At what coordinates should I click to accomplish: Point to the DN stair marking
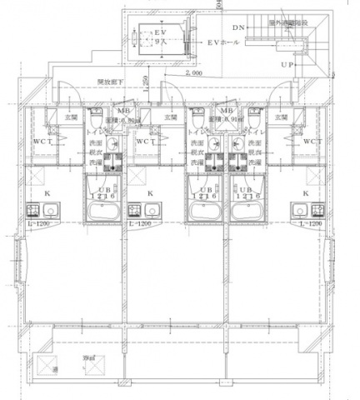point(238,27)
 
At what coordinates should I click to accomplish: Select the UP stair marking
point(287,64)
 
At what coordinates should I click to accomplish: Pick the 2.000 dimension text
point(193,73)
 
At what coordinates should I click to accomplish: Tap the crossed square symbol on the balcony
point(42,365)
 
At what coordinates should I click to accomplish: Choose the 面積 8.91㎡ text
point(226,120)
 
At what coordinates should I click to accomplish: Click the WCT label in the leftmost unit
point(42,142)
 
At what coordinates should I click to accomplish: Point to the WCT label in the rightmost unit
point(312,142)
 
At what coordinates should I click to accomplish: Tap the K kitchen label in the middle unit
point(150,194)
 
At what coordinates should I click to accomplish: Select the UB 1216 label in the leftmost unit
point(103,191)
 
